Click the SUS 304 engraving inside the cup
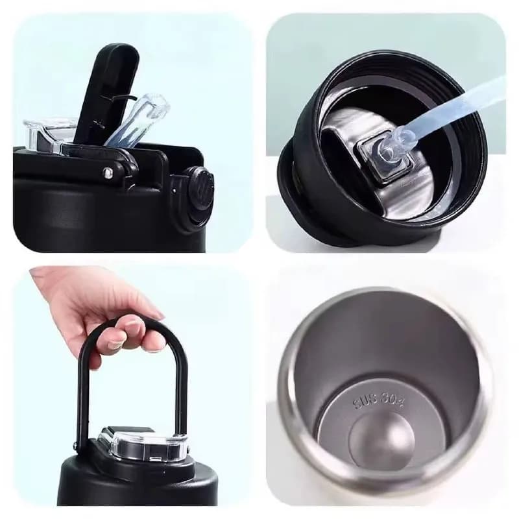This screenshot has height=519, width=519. [x=379, y=402]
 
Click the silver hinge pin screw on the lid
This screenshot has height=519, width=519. [x=107, y=173]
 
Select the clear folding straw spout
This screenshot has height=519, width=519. [x=139, y=119]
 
